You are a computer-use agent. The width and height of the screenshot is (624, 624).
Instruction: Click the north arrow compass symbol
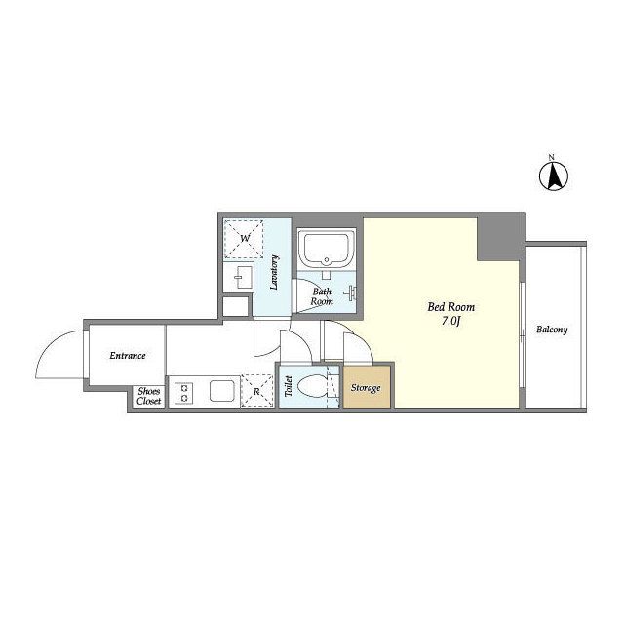[554, 176]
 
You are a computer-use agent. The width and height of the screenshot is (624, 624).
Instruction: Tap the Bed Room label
[450, 307]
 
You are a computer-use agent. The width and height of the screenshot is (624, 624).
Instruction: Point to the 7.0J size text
[450, 321]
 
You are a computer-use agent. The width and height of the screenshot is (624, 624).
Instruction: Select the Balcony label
[552, 330]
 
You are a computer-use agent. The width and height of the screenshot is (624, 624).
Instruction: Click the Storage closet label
[366, 388]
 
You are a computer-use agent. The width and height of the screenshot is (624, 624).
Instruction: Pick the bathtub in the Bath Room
[327, 250]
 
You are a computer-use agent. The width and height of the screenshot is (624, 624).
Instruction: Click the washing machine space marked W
[244, 239]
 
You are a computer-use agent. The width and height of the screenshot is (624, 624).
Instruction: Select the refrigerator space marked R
[256, 391]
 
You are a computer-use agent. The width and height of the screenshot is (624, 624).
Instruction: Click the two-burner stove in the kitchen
[184, 392]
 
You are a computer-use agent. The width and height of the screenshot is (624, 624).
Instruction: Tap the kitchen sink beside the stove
[221, 392]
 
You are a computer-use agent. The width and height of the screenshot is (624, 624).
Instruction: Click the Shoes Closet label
[149, 397]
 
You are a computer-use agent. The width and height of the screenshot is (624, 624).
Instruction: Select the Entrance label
[128, 355]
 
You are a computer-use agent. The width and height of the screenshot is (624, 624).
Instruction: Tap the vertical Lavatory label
[274, 272]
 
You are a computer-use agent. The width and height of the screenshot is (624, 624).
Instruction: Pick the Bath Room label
[322, 296]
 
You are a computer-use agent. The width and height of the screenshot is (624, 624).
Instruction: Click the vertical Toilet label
[289, 386]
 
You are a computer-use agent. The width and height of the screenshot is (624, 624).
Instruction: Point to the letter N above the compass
[552, 158]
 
